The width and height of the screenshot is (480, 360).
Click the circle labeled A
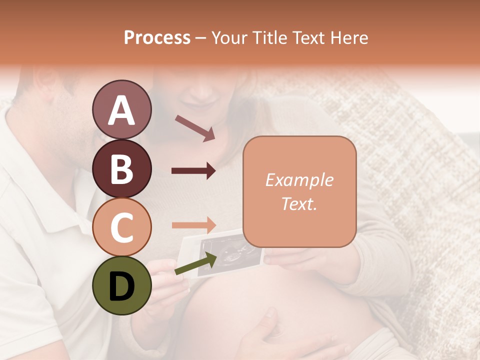pos(121,110)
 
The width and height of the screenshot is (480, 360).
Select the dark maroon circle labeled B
pos(121,168)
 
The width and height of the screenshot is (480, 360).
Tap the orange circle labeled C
pos(121,227)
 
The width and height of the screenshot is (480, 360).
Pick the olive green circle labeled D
pos(121,285)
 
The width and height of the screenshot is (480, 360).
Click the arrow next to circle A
pos(194,128)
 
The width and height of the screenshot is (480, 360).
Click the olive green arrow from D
pos(195,264)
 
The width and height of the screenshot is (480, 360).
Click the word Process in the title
pos(157,37)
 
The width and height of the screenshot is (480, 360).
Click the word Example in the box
pos(299,180)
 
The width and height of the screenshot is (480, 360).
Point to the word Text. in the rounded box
pos(299,204)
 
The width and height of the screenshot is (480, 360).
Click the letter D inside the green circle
pos(121,286)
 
